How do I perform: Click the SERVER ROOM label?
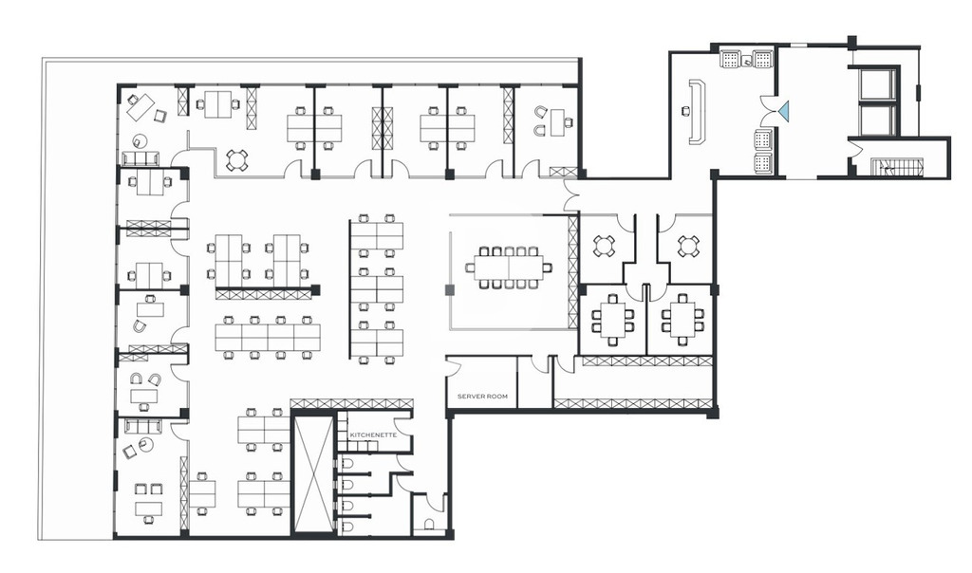click(x=482, y=396)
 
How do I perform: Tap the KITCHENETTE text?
click(x=372, y=434)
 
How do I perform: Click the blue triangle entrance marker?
click(x=785, y=112)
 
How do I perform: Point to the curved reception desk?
click(x=699, y=112)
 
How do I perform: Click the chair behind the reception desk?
click(x=685, y=111)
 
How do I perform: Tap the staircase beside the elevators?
click(x=898, y=166)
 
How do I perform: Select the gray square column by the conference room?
click(x=449, y=290)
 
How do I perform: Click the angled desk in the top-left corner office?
click(x=140, y=105)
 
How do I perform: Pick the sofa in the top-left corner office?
click(x=140, y=158)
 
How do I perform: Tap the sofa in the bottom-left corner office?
click(x=143, y=426)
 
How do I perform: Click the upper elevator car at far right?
click(x=876, y=84)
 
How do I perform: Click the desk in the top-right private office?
click(x=557, y=122)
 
